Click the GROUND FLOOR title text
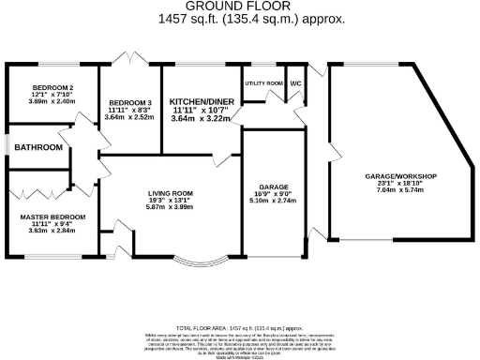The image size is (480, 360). (239, 7)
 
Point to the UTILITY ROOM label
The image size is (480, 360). (263, 83)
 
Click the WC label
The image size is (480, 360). (295, 83)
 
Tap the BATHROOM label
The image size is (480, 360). (37, 147)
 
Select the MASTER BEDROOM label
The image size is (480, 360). (52, 217)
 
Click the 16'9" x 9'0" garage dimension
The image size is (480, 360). (274, 195)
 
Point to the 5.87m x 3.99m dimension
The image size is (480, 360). (170, 208)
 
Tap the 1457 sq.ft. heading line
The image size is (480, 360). (239, 19)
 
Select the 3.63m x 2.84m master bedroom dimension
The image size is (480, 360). (52, 231)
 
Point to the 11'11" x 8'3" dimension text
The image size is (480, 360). (128, 110)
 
